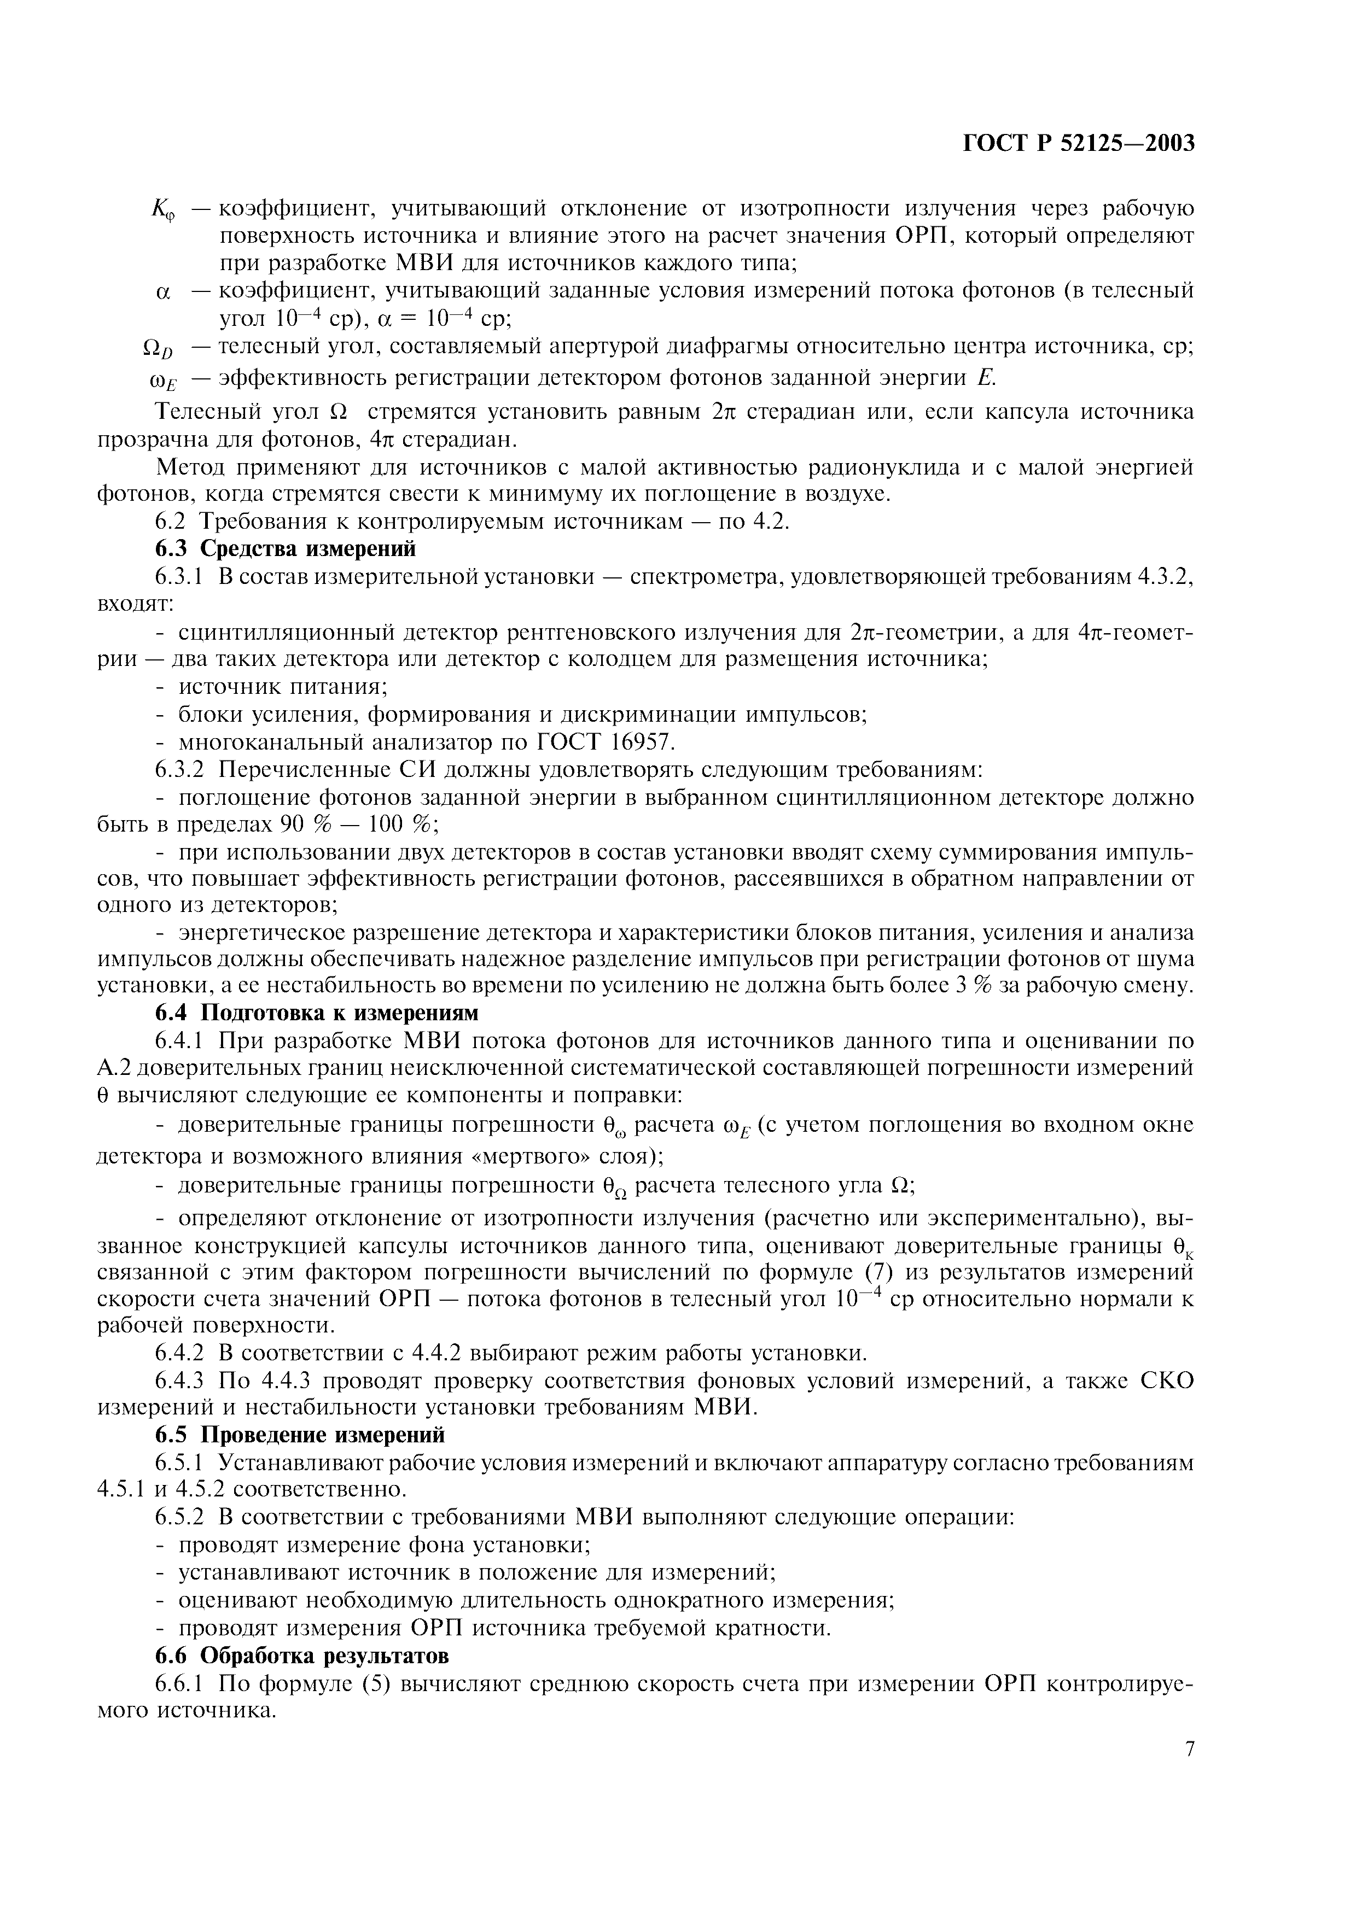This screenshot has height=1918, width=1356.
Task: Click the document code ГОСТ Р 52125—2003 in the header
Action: coord(1079,144)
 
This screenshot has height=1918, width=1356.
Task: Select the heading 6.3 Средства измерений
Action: coord(286,549)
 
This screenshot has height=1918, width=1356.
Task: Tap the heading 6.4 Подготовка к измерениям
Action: coord(317,1013)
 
